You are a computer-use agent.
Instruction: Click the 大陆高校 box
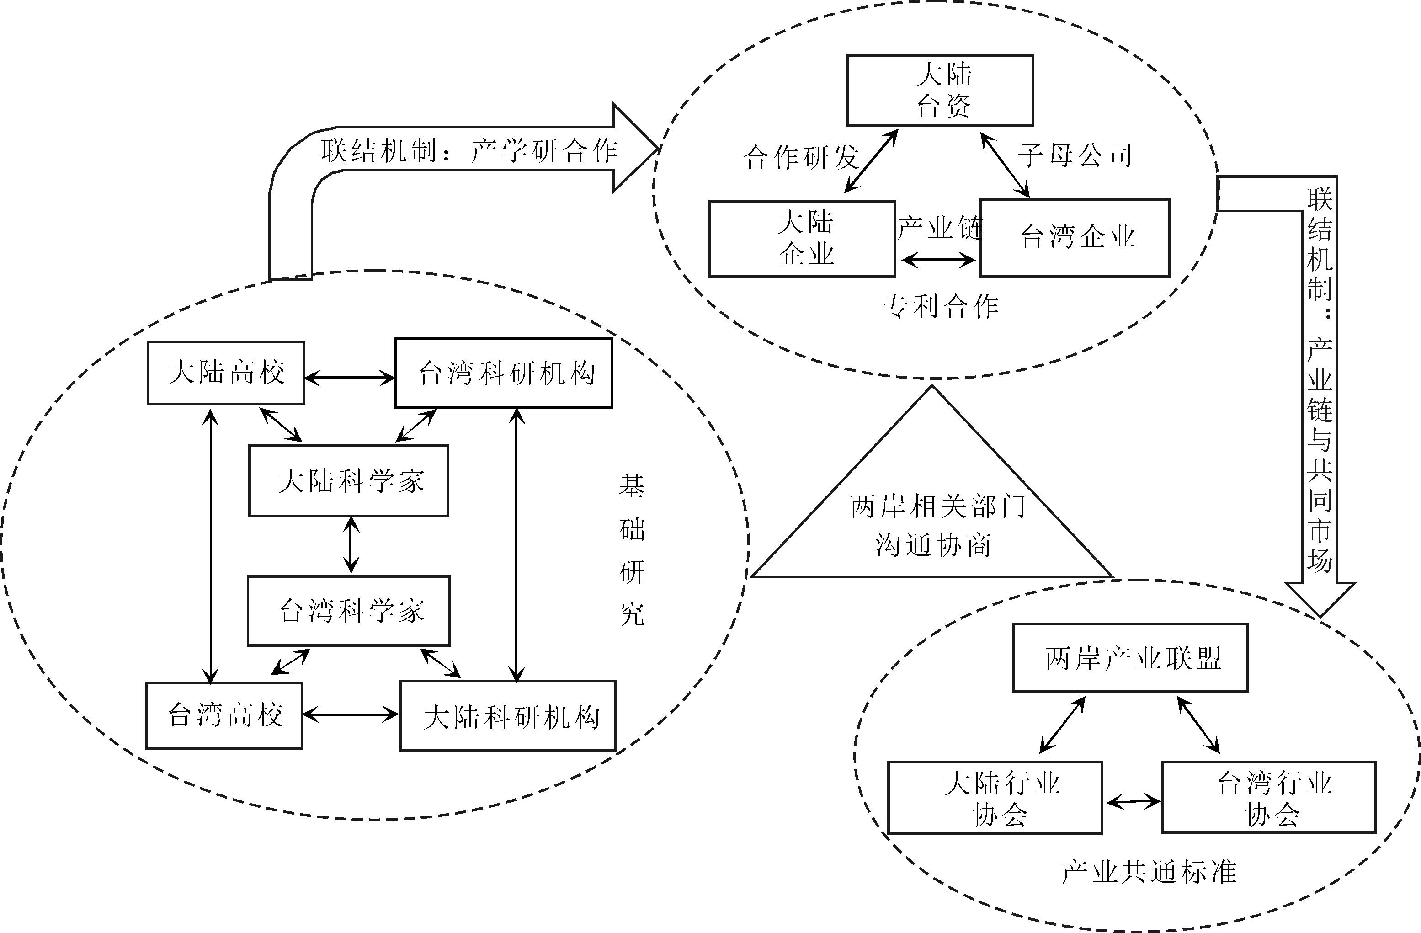(x=226, y=373)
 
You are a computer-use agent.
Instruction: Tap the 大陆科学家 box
(x=349, y=480)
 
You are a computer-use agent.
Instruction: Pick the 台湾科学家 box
(x=349, y=610)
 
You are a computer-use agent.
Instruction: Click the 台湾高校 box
(x=224, y=715)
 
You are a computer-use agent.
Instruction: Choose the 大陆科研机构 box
(x=507, y=715)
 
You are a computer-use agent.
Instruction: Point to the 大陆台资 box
(x=940, y=91)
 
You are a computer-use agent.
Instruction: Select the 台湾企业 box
(x=1074, y=237)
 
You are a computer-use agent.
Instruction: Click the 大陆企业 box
(x=802, y=238)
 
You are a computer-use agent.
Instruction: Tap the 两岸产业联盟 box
(x=1130, y=658)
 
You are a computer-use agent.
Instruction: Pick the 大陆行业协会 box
(x=995, y=797)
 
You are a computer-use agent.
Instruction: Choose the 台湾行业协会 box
(x=1268, y=797)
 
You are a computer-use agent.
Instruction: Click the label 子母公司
(x=1075, y=155)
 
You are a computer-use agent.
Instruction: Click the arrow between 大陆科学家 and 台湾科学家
(x=351, y=545)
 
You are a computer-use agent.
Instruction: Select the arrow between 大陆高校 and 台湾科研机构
(x=350, y=378)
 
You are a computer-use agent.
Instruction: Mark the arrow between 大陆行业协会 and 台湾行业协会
(x=1133, y=802)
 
